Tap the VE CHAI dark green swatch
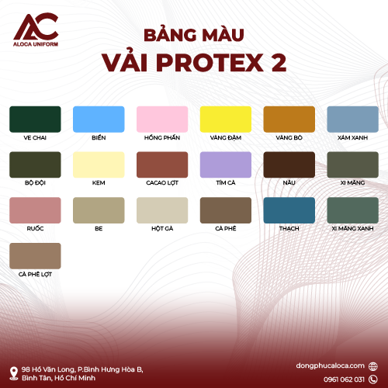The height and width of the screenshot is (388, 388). click(35, 120)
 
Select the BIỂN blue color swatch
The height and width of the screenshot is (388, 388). click(99, 120)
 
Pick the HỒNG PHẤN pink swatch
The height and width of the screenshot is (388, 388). click(162, 120)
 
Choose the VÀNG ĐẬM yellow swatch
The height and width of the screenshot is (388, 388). click(226, 120)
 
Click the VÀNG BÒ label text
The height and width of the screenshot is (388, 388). click(289, 137)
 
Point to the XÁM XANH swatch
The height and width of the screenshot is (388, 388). click(353, 120)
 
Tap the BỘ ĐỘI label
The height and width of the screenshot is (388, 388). click(35, 183)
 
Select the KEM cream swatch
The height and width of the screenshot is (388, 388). click(99, 165)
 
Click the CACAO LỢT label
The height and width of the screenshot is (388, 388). click(162, 183)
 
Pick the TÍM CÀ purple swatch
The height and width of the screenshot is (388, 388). click(226, 165)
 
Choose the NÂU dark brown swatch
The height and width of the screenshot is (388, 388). click(289, 165)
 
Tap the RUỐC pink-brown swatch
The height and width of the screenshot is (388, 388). click(35, 210)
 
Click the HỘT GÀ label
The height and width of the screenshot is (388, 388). click(162, 228)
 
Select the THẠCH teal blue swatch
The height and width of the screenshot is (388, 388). click(289, 210)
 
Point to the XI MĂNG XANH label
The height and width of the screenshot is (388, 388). click(353, 228)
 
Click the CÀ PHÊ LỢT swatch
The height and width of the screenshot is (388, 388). click(35, 256)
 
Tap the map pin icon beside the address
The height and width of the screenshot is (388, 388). click(14, 373)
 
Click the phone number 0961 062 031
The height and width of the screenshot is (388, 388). click(344, 379)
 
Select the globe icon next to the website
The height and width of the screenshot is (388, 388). click(372, 366)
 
